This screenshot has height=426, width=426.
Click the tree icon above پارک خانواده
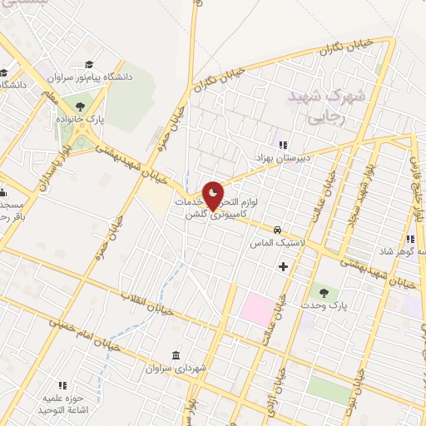click(80, 106)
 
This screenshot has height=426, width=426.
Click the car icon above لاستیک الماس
click(278, 230)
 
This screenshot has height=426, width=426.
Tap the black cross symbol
click(283, 266)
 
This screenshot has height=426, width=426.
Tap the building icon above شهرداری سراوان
click(176, 354)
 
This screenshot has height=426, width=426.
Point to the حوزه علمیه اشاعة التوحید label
click(62, 405)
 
